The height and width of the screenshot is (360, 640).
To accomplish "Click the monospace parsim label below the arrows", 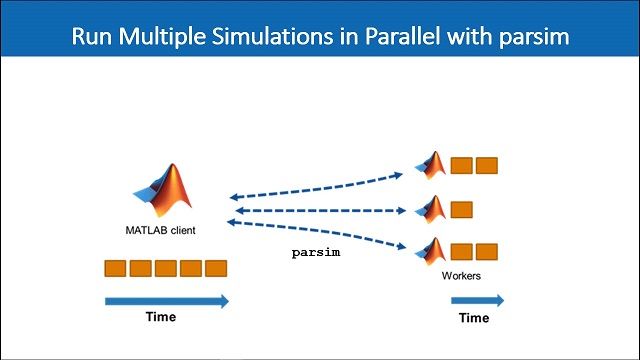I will click(x=316, y=253).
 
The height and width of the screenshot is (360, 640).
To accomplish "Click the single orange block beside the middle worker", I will click(x=461, y=210).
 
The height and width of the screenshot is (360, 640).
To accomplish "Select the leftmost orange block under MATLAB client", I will click(x=116, y=268).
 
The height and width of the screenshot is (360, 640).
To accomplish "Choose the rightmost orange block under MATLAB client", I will click(x=216, y=268).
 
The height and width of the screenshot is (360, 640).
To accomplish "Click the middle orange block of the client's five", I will click(x=166, y=268).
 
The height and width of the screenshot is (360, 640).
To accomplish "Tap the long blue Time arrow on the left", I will click(x=166, y=300).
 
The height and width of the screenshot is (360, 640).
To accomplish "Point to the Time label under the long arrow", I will click(x=156, y=318).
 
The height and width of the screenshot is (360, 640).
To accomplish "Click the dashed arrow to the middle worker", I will click(x=320, y=211).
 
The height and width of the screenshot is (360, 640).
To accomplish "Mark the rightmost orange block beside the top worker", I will click(x=487, y=165).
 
